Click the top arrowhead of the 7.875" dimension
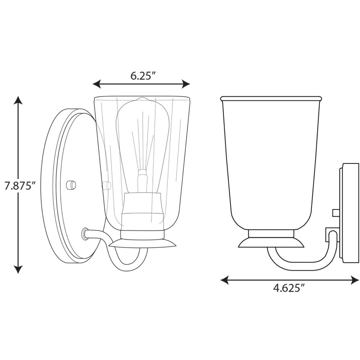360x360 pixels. tap(18, 100)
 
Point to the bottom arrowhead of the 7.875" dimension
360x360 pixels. tap(18, 269)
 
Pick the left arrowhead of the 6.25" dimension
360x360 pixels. tap(96, 84)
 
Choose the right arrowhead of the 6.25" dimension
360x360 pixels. tap(186, 84)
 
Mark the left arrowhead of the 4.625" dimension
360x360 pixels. tap(225, 280)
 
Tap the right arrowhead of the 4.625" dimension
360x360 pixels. tap(355, 280)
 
